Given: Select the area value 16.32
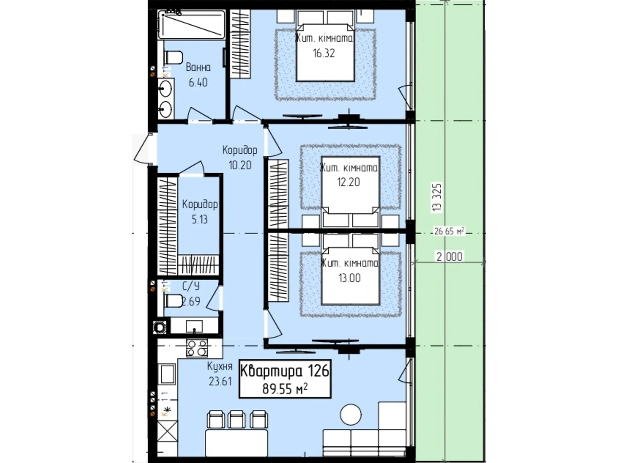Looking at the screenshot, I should coord(324,53).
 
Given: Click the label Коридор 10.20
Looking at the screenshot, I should coord(239,157).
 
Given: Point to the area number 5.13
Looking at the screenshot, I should coord(199,220).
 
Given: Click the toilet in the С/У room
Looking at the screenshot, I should coord(173,301).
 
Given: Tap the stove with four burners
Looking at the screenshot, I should coord(197,348).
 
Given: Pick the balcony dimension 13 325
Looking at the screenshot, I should coord(437,197).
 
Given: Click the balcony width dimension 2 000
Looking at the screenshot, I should coord(450,257).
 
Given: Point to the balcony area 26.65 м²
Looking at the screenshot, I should coord(448,231).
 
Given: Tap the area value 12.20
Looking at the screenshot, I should coord(348,182).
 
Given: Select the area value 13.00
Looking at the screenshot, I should coord(350,278).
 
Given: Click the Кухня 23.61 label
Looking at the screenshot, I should coord(220,373).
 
